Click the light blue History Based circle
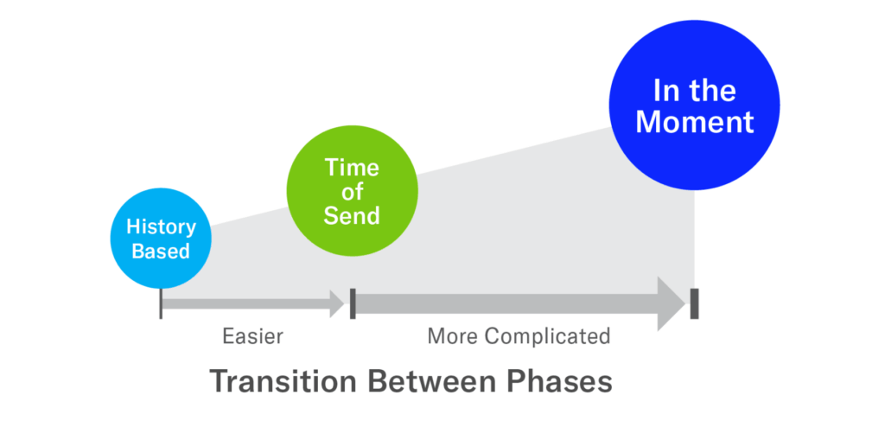(x=161, y=239)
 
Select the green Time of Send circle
(x=352, y=191)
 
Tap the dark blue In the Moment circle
(x=695, y=105)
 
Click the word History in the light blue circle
(x=161, y=227)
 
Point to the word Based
(x=161, y=252)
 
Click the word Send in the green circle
(x=352, y=215)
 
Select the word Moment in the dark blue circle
(x=695, y=121)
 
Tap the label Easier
(x=252, y=336)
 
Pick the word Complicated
(x=547, y=336)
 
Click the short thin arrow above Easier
(x=251, y=303)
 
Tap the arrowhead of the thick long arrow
(x=671, y=303)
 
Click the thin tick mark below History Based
(x=161, y=303)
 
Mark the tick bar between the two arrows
(x=353, y=303)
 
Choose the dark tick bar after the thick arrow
(x=694, y=303)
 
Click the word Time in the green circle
(x=352, y=168)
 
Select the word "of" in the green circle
(x=352, y=191)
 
